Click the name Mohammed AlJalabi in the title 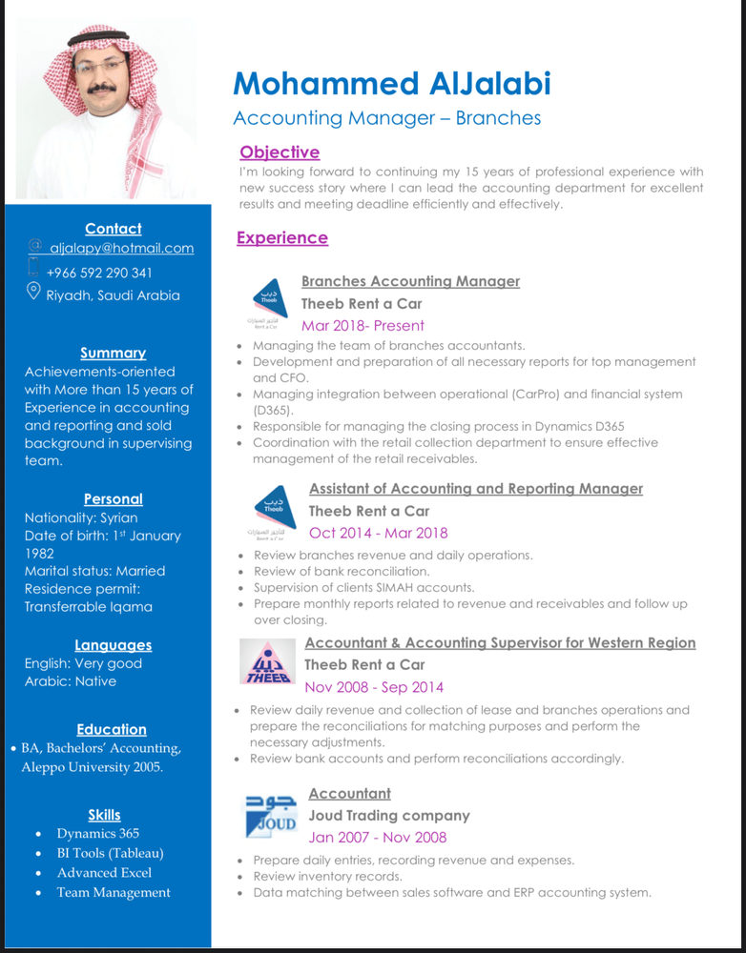pyautogui.click(x=392, y=84)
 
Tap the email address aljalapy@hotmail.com pyautogui.click(x=121, y=248)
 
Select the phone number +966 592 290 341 pyautogui.click(x=99, y=273)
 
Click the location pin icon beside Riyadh pyautogui.click(x=33, y=292)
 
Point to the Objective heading pyautogui.click(x=280, y=152)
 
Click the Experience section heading pyautogui.click(x=282, y=238)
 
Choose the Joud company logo pyautogui.click(x=271, y=816)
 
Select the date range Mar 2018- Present pyautogui.click(x=363, y=325)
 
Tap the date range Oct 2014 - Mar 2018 pyautogui.click(x=378, y=533)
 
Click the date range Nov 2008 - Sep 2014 pyautogui.click(x=374, y=687)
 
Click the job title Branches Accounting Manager pyautogui.click(x=410, y=281)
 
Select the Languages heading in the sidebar pyautogui.click(x=113, y=645)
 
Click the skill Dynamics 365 pyautogui.click(x=97, y=833)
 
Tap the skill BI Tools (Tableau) pyautogui.click(x=110, y=853)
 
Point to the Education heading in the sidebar pyautogui.click(x=112, y=729)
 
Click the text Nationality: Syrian pyautogui.click(x=81, y=517)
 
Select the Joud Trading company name pyautogui.click(x=389, y=816)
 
